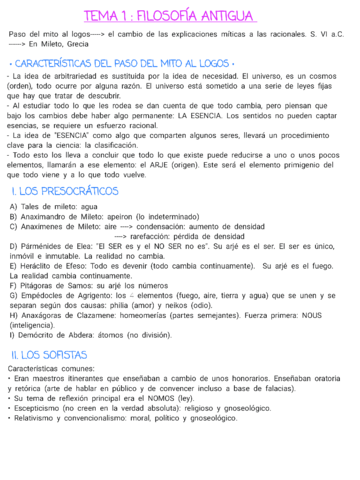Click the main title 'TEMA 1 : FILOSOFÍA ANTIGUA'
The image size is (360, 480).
pos(180,17)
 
